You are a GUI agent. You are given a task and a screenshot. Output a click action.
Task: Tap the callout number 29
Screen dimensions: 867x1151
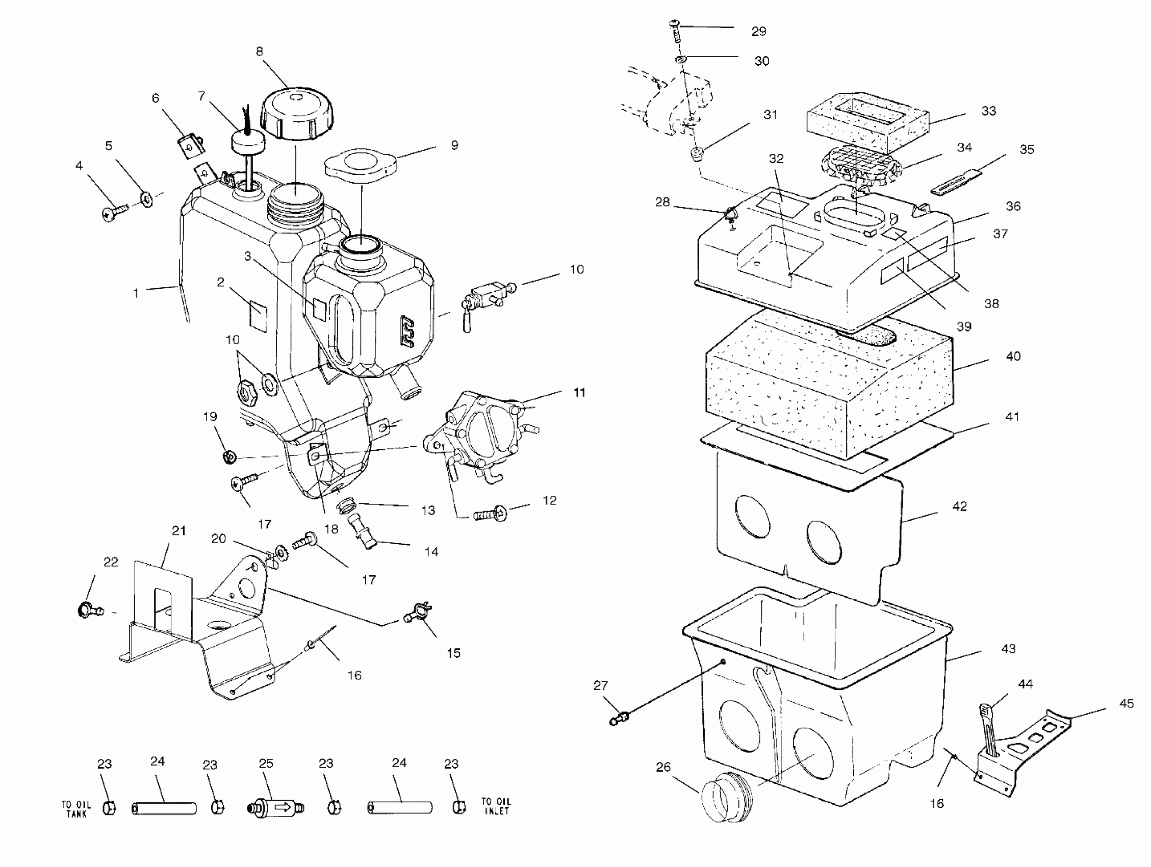point(759,32)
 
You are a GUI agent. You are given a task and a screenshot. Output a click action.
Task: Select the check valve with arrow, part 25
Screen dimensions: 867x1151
point(275,808)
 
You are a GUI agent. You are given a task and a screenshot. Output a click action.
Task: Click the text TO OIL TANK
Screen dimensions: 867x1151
point(76,809)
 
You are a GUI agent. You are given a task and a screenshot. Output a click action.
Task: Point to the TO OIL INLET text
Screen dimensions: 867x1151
point(496,806)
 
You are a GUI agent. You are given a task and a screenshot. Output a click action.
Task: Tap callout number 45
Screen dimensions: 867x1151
point(1127,704)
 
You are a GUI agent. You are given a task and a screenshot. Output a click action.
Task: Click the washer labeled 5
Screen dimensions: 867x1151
point(147,199)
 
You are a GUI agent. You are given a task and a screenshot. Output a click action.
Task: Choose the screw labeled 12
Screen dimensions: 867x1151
point(491,515)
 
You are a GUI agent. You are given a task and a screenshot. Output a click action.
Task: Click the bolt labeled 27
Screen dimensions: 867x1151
point(619,719)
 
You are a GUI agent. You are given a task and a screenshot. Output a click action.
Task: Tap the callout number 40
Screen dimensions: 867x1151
point(1013,356)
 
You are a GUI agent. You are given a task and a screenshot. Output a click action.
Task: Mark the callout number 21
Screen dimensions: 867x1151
point(178,531)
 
